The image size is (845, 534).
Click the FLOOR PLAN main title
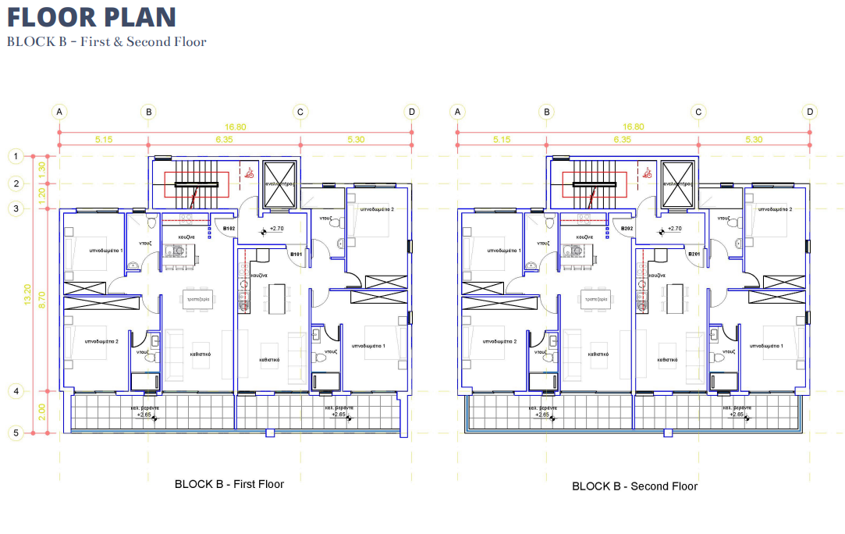pos(91,17)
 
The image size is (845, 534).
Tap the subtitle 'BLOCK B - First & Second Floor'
pos(106,42)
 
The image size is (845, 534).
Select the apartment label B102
pos(229,229)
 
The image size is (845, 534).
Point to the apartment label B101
pos(296,255)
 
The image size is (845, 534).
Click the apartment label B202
pos(627,229)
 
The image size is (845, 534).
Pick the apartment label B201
pos(694,255)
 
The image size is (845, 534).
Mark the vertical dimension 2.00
pos(42,411)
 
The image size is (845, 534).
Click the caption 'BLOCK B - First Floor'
pos(229,484)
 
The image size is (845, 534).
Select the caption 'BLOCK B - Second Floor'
pos(634,486)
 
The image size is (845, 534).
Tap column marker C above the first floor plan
pos(300,112)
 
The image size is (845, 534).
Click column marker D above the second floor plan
pos(810,112)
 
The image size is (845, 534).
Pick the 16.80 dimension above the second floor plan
pos(634,126)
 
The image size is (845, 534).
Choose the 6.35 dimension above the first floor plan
pos(224,140)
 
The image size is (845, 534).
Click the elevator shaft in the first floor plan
pos(279,184)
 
